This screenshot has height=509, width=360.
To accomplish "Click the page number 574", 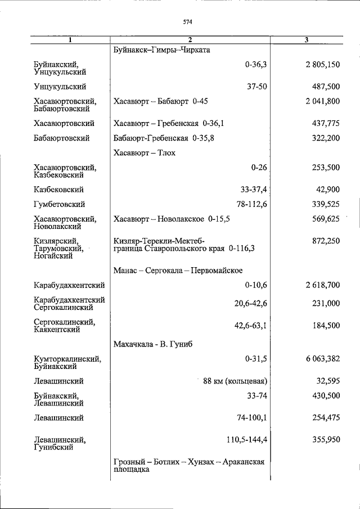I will point(188,22).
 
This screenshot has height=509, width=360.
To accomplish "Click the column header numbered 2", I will point(190,40).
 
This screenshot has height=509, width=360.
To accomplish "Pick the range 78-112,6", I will point(250,205).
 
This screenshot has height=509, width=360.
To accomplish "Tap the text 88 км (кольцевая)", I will point(235,381).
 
